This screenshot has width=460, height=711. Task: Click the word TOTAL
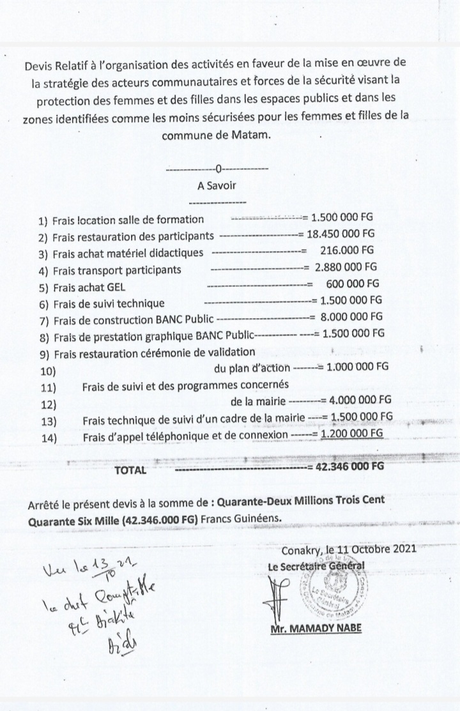[x=130, y=470]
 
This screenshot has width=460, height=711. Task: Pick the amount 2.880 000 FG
[x=346, y=268]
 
